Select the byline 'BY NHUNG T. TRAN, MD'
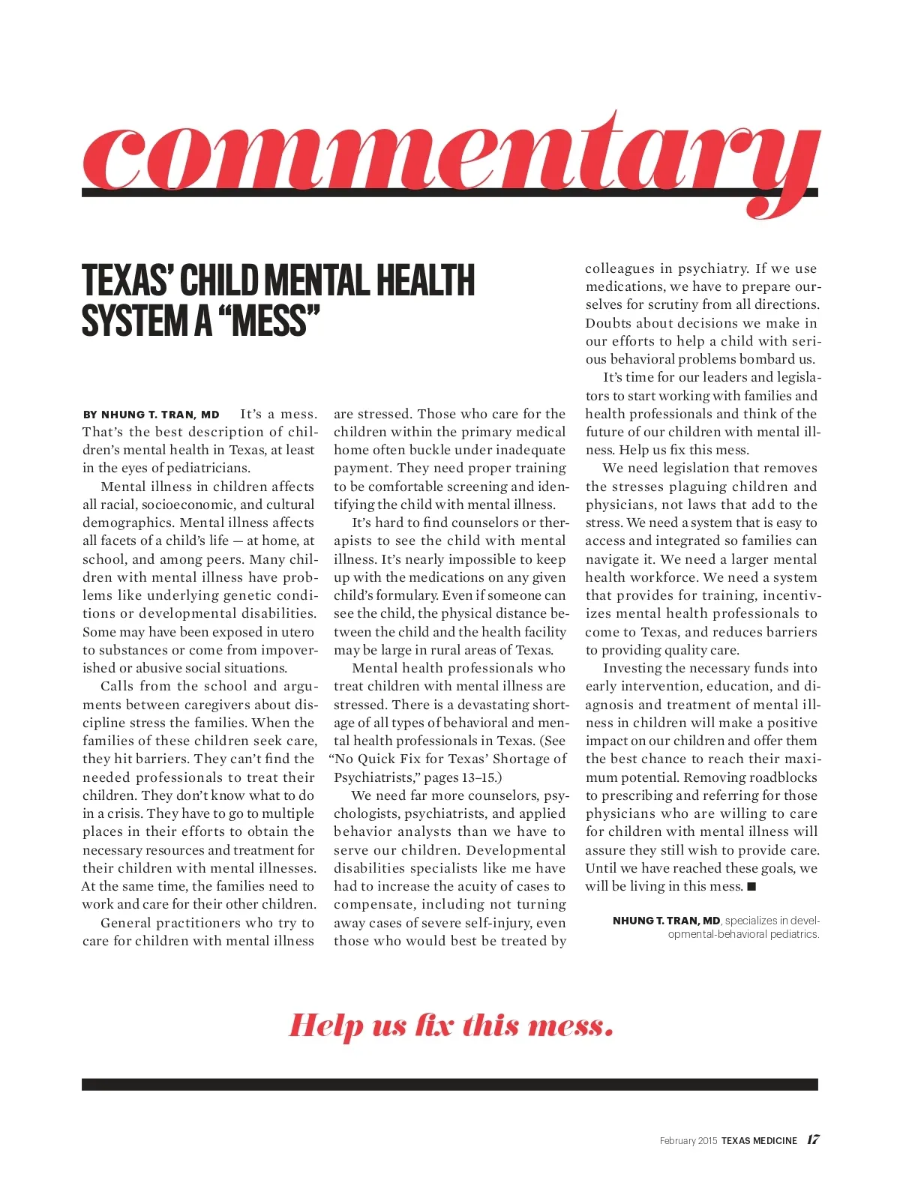coord(151,415)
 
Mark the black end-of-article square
coord(752,887)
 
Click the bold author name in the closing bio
coord(666,921)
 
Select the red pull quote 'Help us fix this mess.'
coord(451,1025)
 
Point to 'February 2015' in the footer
coord(688,1140)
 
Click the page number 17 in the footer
coord(813,1140)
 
